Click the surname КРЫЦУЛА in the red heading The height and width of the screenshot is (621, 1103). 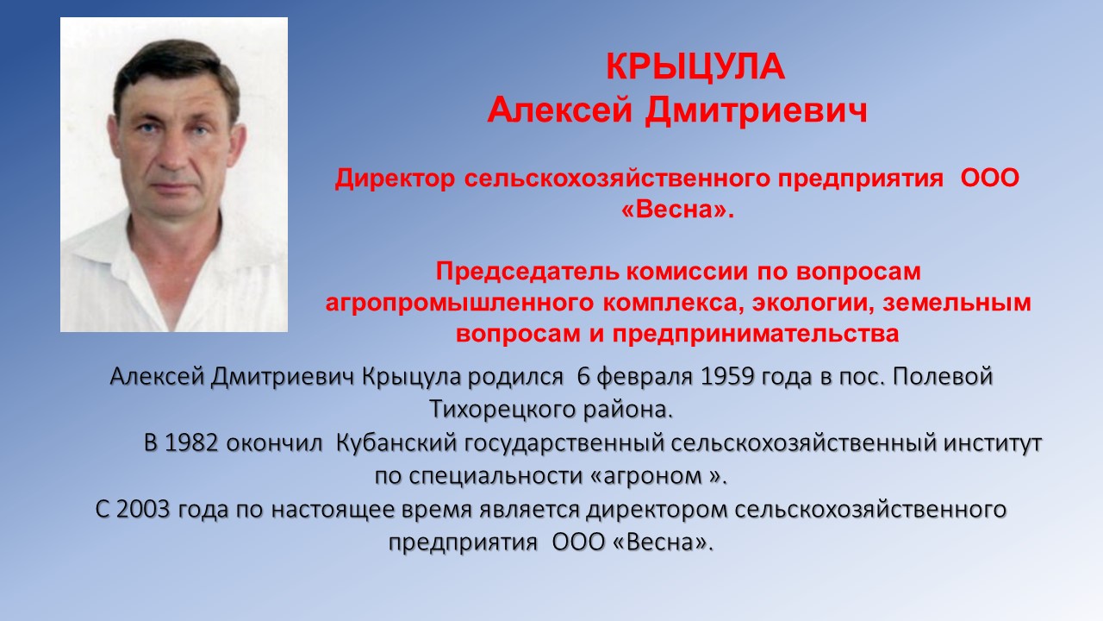pos(695,66)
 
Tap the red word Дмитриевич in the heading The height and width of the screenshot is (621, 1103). pos(756,110)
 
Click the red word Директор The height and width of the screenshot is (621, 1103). pos(395,178)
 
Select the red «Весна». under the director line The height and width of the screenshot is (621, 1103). pos(677,210)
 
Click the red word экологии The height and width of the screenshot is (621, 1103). pos(813,303)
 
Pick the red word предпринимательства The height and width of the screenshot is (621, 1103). pos(756,334)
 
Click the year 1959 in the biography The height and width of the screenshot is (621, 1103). pos(726,377)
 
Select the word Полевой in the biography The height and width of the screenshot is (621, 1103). pos(943,377)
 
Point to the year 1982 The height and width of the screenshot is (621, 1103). pos(191,443)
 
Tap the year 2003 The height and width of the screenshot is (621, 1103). pos(143,509)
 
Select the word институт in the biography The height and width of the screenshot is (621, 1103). pos(992,443)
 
